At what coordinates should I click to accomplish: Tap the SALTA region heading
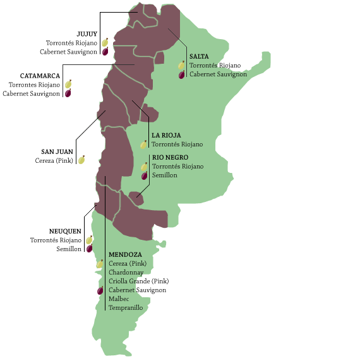199,56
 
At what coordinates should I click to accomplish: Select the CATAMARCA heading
40,76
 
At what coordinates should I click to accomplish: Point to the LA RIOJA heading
166,135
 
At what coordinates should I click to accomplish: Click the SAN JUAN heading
57,151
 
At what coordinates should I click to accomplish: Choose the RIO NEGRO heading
170,157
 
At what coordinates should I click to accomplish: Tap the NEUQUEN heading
65,231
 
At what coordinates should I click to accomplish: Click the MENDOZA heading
125,254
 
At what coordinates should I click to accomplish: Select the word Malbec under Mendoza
119,299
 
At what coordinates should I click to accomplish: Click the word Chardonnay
127,272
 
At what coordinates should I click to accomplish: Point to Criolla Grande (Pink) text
138,281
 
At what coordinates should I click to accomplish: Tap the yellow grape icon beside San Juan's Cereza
81,160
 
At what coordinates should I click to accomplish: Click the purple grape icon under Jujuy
105,51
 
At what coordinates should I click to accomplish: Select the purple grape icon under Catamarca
68,93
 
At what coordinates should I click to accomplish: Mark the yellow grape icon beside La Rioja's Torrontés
144,144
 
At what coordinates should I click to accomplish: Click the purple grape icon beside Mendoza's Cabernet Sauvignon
100,290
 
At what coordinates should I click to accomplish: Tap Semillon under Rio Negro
164,175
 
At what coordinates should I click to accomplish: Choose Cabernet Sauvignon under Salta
218,74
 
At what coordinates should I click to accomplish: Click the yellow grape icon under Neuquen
89,240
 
